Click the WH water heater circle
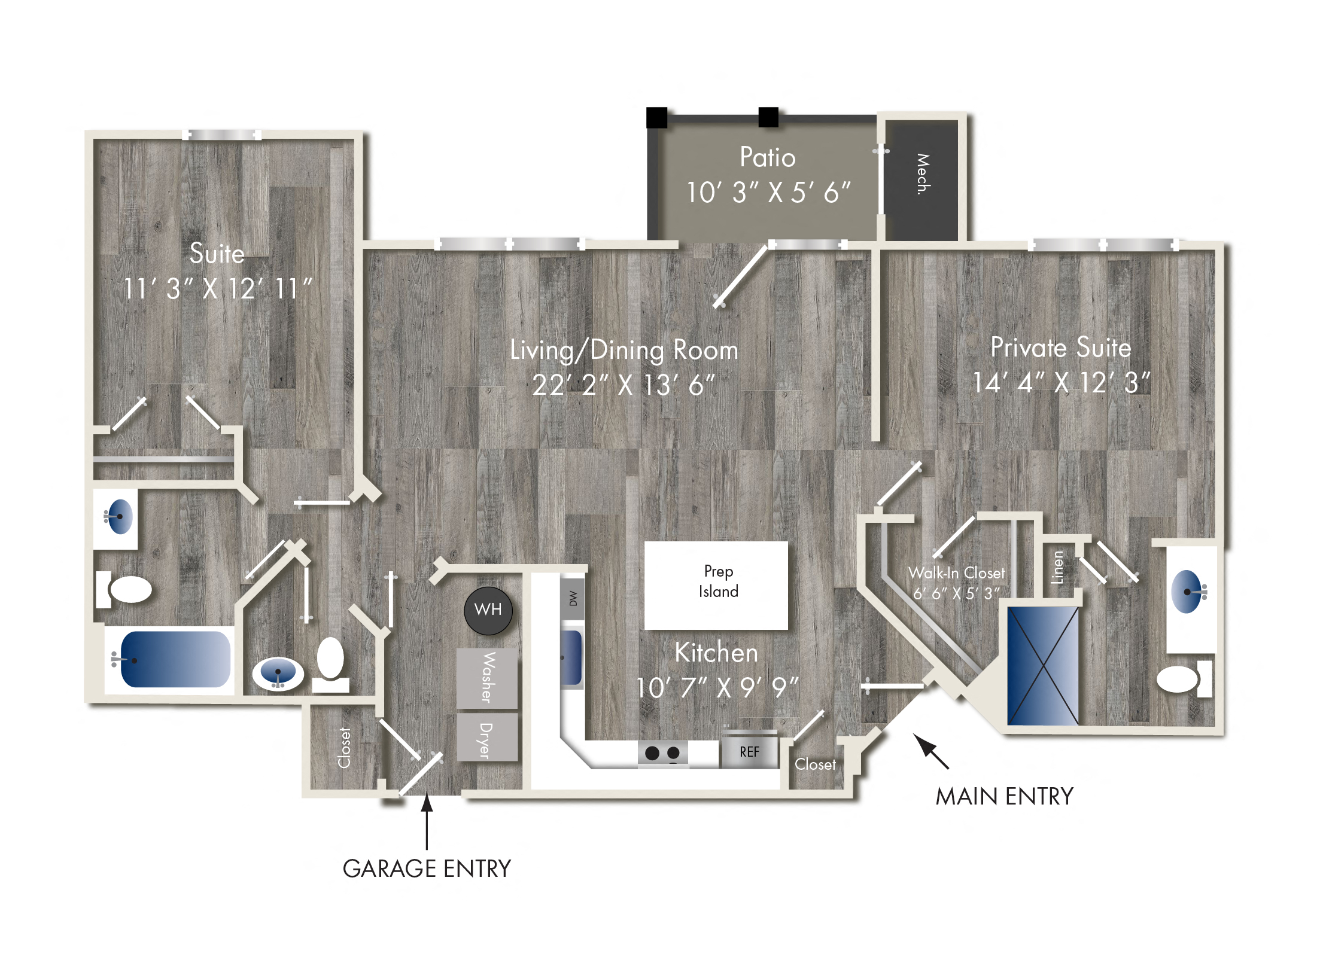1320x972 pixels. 488,610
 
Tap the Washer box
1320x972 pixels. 487,678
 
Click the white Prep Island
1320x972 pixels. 716,585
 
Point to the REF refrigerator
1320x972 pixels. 749,751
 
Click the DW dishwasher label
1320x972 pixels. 573,598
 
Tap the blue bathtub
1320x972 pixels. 175,660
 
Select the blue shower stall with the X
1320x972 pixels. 1043,666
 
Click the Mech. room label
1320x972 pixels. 923,173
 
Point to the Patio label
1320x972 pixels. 768,157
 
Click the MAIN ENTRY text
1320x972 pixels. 1005,796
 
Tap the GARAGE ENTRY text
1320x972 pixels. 427,869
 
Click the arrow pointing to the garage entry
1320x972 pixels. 427,821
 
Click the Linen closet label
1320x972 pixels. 1057,567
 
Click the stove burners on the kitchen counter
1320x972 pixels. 662,752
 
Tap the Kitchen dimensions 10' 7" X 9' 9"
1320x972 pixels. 717,688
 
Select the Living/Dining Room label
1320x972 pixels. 624,350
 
